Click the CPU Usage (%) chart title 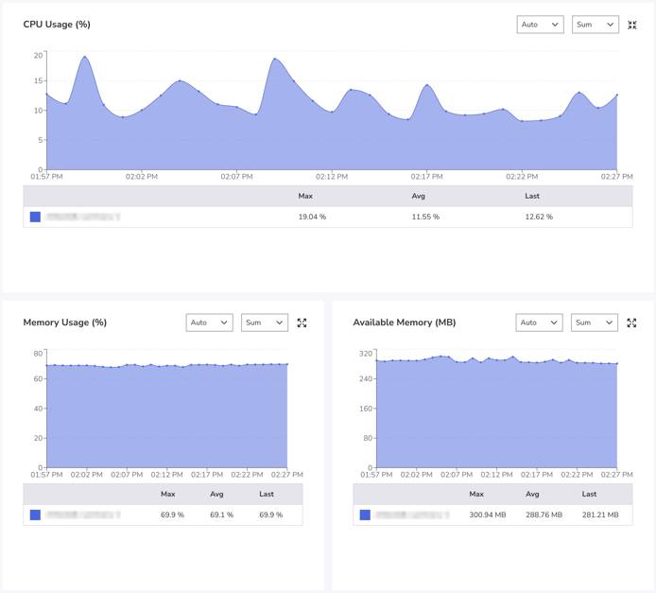[57, 25]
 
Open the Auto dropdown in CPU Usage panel [540, 25]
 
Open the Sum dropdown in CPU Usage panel [595, 25]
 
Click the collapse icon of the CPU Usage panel [632, 25]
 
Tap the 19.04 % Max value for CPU [312, 217]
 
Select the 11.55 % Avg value [425, 217]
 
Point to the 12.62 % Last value [539, 217]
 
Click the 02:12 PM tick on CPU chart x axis [332, 177]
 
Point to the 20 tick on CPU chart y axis [38, 55]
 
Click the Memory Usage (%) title [64, 323]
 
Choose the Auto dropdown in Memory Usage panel [209, 323]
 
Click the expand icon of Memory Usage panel [302, 323]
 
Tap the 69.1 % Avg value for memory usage [221, 515]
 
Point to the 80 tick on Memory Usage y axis [38, 354]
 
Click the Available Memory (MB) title [404, 323]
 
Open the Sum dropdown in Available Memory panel [595, 323]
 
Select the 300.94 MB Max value [489, 515]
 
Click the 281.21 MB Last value [600, 515]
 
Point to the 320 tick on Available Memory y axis [365, 354]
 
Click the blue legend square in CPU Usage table [35, 217]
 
